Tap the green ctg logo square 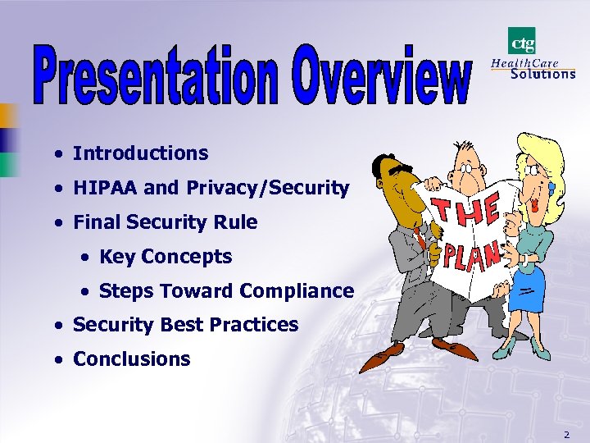point(521,40)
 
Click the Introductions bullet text point(140,153)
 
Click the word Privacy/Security point(268,189)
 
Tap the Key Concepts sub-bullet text point(165,257)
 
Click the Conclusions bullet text point(131,359)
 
